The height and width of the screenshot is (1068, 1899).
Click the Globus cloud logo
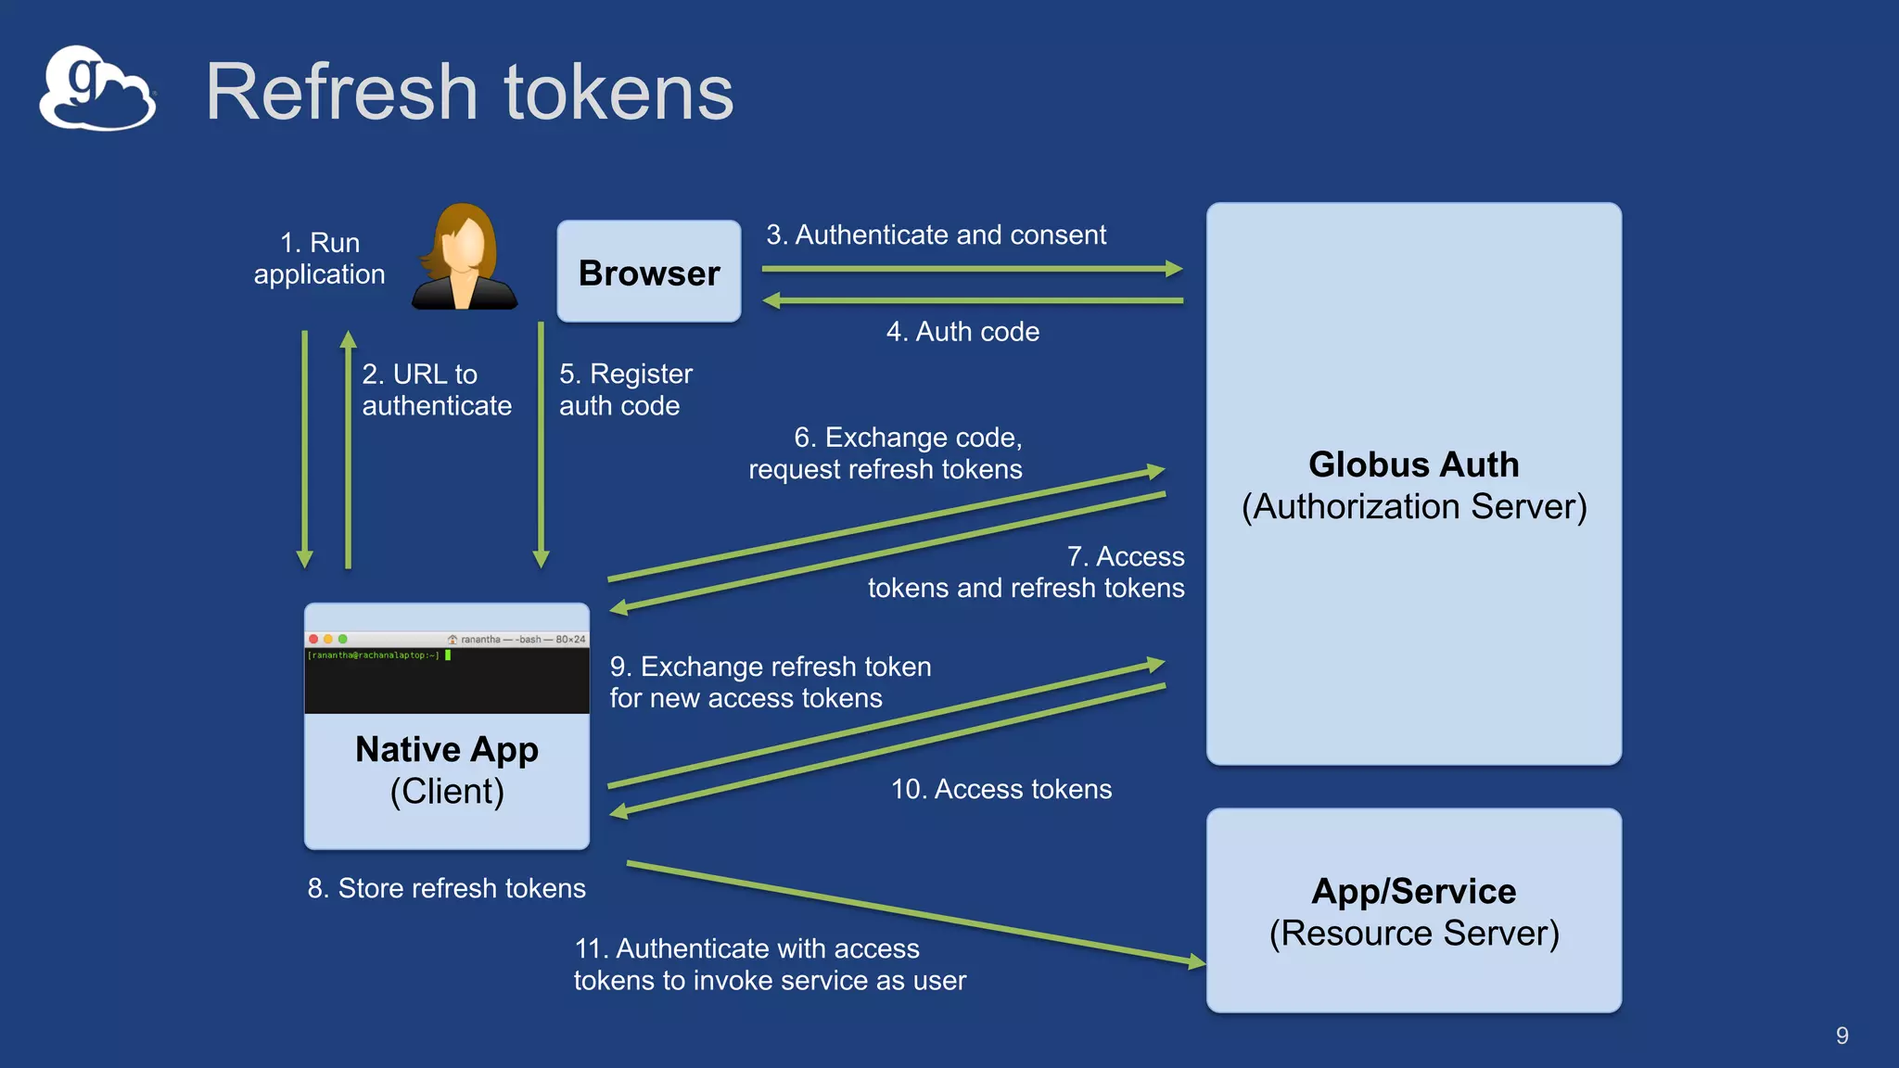click(96, 90)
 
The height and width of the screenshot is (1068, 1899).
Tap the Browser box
click(648, 272)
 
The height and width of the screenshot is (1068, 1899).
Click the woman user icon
click(465, 257)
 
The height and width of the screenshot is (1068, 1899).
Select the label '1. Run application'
click(320, 259)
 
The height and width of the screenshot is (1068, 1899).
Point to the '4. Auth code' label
click(962, 332)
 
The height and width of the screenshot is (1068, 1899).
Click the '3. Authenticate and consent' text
click(936, 235)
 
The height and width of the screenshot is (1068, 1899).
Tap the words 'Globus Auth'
click(1413, 464)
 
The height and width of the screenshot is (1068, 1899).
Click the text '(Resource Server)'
click(1413, 934)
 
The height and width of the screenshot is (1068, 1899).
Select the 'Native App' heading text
click(446, 749)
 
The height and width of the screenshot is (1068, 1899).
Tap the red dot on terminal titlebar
click(313, 639)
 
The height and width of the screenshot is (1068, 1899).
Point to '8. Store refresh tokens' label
click(446, 888)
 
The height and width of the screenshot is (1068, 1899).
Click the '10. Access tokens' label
click(1000, 789)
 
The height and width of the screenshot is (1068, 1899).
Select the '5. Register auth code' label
click(625, 390)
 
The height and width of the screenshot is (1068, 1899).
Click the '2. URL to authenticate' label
click(436, 390)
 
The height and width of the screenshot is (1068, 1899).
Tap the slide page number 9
click(1842, 1036)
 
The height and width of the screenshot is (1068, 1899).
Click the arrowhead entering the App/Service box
click(1196, 962)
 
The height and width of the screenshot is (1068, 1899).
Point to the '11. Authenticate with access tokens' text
click(769, 964)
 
